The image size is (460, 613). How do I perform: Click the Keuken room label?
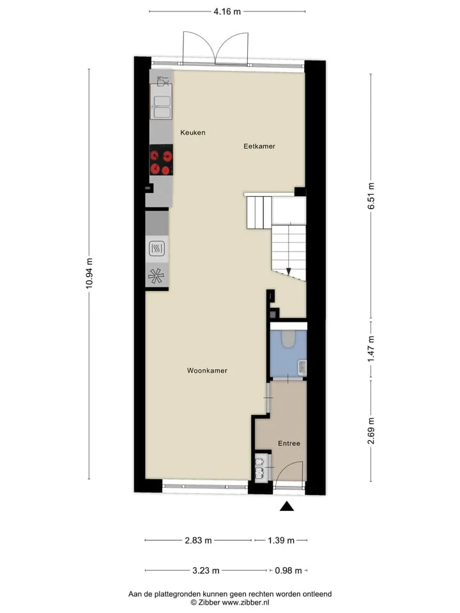coord(192,133)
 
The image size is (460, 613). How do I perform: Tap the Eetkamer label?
coord(259,146)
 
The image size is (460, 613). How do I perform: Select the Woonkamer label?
coord(207,370)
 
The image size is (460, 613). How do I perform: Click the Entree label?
coord(289,443)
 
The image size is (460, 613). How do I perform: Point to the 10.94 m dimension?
coord(89,273)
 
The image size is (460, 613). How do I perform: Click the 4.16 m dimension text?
coord(227,11)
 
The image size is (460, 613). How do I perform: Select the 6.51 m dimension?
coord(371,196)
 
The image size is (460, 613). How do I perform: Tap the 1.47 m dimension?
coord(371,349)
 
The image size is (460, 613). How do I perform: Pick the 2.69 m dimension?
coord(371,431)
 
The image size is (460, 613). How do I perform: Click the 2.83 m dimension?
coord(198,540)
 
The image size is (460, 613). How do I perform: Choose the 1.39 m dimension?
coord(281,540)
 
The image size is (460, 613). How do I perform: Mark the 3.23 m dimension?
coord(206,570)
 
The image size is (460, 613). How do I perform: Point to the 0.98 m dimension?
coord(288,570)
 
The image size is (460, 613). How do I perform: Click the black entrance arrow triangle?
coord(287,506)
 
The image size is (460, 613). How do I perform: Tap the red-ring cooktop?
coord(161,160)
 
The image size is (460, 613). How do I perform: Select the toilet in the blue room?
coord(289,338)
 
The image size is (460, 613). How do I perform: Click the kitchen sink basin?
coord(162,107)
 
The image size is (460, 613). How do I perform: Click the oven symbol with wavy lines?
coord(157,248)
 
